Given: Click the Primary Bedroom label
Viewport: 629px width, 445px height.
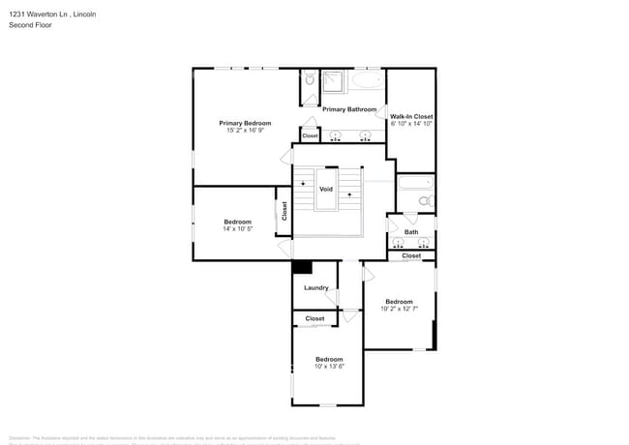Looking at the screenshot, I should [x=245, y=123].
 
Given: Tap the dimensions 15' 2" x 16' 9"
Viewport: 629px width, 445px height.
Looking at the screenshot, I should [x=245, y=131].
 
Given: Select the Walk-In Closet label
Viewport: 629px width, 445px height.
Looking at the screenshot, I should [x=411, y=116].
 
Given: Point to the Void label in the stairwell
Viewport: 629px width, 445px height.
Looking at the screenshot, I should [x=326, y=189].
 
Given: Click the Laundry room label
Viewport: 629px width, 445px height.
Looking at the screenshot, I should [x=316, y=287].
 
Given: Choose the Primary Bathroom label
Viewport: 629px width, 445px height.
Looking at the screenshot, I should [x=349, y=109].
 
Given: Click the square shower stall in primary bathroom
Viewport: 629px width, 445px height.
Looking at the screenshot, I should [x=335, y=81].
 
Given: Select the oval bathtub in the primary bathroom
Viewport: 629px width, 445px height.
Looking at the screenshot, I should [x=367, y=81].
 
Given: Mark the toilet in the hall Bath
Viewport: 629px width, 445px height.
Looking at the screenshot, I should [x=424, y=201].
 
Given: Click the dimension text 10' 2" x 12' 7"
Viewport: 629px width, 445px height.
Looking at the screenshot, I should [x=399, y=309].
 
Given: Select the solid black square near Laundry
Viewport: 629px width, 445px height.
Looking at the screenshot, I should [x=302, y=267].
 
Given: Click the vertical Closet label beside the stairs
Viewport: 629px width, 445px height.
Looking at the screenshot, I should [x=285, y=211].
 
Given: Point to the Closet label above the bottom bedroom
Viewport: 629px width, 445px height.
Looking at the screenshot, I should [x=314, y=318].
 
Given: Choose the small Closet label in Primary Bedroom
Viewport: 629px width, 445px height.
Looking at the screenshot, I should [x=310, y=135].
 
